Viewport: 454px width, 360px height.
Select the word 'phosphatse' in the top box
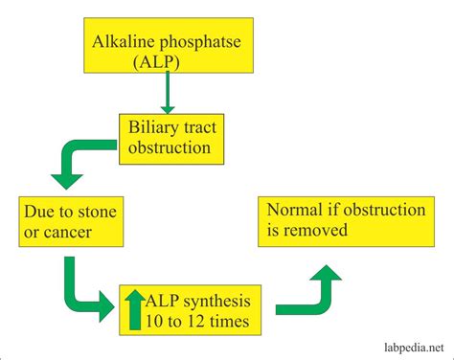coord(200,43)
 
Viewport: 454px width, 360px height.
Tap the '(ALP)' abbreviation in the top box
coord(156,61)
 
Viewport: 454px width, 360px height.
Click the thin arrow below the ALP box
coord(168,93)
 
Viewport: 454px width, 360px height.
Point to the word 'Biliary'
coord(150,128)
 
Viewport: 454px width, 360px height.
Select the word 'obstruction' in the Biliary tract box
coord(170,147)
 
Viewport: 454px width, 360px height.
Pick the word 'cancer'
coord(68,233)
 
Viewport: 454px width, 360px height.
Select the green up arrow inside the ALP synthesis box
coord(135,309)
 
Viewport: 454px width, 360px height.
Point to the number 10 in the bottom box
coord(154,322)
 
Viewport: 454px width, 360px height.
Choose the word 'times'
coord(230,322)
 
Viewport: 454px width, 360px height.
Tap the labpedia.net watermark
coord(414,348)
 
